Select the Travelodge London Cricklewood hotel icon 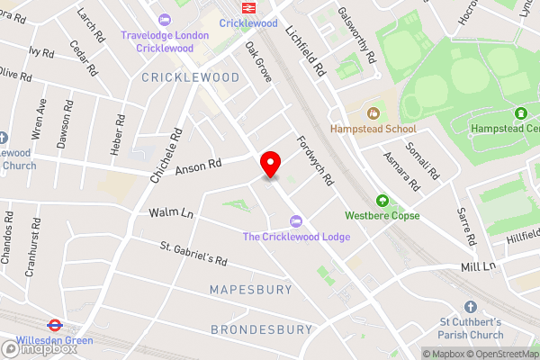(164, 20)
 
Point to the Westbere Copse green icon (382, 201)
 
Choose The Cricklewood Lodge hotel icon (295, 221)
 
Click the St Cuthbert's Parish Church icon (470, 307)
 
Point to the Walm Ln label (171, 213)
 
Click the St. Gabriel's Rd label (193, 254)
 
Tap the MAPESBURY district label (251, 290)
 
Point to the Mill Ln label (478, 266)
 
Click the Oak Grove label (258, 65)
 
